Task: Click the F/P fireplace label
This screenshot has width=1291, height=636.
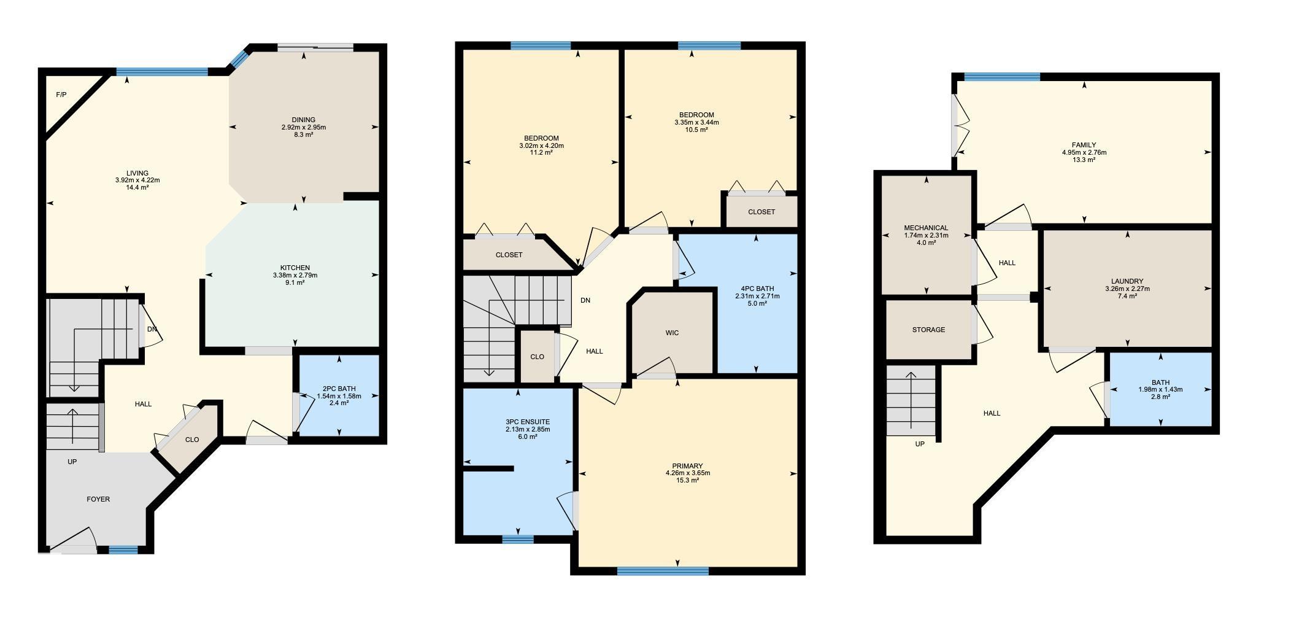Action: click(x=61, y=95)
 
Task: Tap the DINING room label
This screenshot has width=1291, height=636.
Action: click(x=304, y=120)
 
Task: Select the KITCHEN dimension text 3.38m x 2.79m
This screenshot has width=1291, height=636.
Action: click(x=295, y=275)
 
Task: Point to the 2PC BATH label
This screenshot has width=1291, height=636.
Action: click(x=339, y=389)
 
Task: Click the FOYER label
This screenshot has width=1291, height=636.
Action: click(x=98, y=499)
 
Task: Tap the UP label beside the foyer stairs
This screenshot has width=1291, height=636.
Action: click(x=72, y=462)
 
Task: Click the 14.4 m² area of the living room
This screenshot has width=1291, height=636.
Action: click(x=137, y=187)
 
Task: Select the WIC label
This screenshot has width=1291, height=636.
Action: click(x=672, y=333)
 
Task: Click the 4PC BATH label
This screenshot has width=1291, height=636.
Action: click(x=757, y=289)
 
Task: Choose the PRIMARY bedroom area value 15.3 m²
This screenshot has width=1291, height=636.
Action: click(x=687, y=480)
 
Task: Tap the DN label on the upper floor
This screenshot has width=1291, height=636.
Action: click(x=585, y=300)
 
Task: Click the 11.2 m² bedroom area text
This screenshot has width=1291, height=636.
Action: click(x=541, y=152)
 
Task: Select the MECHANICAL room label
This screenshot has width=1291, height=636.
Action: click(x=926, y=228)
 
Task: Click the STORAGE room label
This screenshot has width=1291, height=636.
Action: click(x=928, y=330)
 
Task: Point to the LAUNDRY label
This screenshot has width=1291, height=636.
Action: click(x=1127, y=281)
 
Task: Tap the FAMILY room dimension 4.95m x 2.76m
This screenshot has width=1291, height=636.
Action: click(x=1084, y=152)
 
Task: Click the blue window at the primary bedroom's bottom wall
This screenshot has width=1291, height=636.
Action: click(x=663, y=571)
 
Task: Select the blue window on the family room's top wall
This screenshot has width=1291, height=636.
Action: click(x=1002, y=77)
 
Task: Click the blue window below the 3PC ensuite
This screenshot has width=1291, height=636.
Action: click(x=518, y=540)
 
